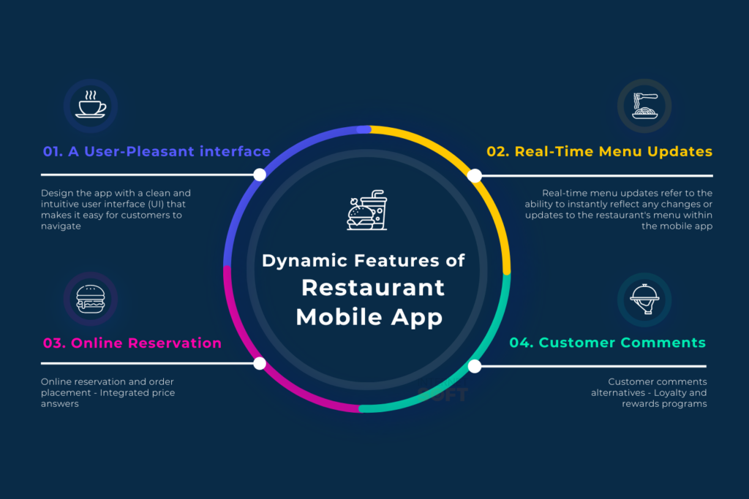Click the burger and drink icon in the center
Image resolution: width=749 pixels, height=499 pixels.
coord(366,210)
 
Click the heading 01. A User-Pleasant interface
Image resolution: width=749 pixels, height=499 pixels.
coord(157,152)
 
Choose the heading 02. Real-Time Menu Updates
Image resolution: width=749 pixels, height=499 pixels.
coord(599,152)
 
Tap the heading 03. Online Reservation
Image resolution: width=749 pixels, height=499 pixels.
coord(132,343)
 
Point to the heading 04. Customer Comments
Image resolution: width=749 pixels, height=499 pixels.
coord(607,343)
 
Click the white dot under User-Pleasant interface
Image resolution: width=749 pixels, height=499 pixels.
coord(259,175)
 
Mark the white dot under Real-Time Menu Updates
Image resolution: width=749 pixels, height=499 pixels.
coord(474,175)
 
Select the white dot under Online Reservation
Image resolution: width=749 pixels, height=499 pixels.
coord(259,363)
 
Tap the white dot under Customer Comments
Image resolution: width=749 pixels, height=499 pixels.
coord(474,366)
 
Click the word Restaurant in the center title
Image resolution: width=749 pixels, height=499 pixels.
coord(373,287)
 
